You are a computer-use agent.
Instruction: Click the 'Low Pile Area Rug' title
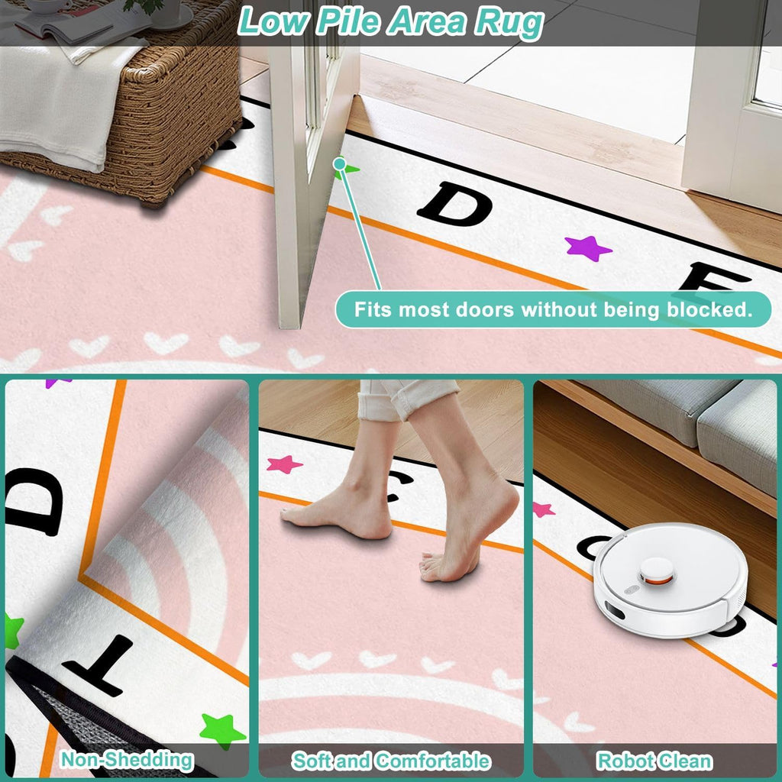[390, 22]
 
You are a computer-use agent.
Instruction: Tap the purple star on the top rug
[588, 248]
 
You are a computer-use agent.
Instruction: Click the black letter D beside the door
[454, 203]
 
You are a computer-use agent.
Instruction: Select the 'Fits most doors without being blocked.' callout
[553, 309]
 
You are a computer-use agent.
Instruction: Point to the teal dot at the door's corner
[340, 163]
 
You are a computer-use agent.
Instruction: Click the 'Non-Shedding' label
[127, 760]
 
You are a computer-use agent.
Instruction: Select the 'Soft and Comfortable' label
[391, 761]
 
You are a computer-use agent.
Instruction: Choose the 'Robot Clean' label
[654, 761]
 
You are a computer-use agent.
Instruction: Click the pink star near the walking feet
[284, 464]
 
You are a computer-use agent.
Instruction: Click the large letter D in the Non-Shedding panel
[34, 502]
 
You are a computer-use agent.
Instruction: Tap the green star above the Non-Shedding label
[222, 729]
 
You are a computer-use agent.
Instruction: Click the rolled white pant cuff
[406, 399]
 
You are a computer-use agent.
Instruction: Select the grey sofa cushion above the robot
[739, 435]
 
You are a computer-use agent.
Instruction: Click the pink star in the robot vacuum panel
[544, 509]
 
